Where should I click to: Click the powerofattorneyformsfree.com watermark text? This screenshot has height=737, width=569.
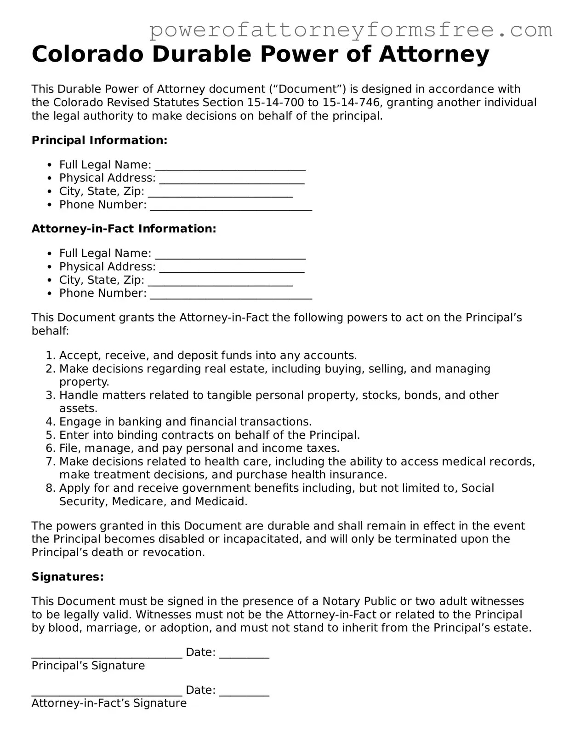(351, 30)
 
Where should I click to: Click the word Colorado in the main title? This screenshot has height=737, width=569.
(87, 54)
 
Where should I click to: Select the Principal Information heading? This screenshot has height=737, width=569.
(99, 140)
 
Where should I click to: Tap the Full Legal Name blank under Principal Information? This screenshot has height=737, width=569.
(230, 167)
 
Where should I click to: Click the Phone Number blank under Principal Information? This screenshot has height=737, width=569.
(231, 207)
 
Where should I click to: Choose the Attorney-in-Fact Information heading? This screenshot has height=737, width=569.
(124, 229)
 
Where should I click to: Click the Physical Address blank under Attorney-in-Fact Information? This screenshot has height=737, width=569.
(232, 269)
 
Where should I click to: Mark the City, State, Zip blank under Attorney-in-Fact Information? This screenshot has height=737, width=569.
(220, 282)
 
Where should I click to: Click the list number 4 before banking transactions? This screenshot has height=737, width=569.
(50, 422)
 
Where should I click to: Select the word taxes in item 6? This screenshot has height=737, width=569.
(323, 448)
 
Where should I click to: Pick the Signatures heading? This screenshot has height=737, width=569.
(68, 577)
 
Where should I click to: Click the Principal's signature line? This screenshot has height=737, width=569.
(107, 655)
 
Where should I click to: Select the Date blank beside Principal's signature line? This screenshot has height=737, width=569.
(244, 655)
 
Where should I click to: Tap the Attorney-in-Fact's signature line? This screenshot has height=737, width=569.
(107, 692)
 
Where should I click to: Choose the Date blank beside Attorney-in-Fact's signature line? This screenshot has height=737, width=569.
(244, 692)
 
